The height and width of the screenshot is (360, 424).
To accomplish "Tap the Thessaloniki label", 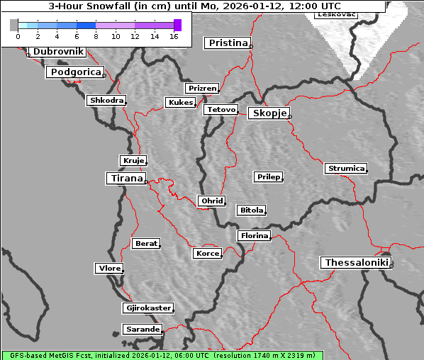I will [x=356, y=263].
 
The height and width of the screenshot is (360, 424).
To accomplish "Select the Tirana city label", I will [x=125, y=179].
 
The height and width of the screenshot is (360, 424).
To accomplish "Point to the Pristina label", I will [x=228, y=43].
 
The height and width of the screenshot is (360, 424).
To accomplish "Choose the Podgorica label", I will [x=74, y=72].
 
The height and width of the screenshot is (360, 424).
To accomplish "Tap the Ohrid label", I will [x=211, y=201].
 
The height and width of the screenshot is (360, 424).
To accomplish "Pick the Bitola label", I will [x=251, y=210].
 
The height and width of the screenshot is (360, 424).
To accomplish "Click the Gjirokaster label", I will [x=147, y=308].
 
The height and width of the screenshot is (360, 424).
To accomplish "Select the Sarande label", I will [x=142, y=330].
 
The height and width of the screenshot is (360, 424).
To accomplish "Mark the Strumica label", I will [x=346, y=169].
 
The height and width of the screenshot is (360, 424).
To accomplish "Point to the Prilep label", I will [x=268, y=176].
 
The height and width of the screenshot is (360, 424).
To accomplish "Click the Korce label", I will [x=207, y=254].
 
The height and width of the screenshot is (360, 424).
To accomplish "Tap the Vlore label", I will [x=109, y=269].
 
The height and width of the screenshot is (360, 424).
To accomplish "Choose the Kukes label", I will [x=180, y=103].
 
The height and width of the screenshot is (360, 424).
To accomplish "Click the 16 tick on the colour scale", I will [x=174, y=36].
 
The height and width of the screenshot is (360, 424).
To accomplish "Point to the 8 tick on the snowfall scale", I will [x=96, y=36].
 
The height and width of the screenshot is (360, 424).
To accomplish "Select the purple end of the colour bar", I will [x=177, y=26].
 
